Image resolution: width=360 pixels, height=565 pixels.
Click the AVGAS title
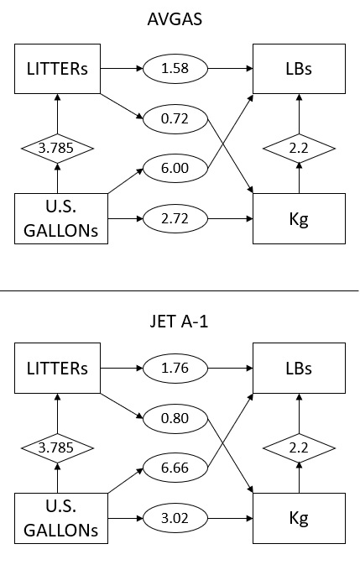175,19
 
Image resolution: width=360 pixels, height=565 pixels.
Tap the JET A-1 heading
179,321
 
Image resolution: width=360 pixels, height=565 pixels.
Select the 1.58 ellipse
175,69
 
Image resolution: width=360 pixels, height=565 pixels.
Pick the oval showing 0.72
175,118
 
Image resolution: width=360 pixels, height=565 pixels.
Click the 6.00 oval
175,168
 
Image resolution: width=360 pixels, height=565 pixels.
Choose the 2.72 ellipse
175,219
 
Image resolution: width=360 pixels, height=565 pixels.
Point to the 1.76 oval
175,369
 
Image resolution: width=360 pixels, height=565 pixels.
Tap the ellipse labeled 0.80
175,418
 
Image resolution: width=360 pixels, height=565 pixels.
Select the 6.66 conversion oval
175,468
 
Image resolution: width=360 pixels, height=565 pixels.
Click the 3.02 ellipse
175,519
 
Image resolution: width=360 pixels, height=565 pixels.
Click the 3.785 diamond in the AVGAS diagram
57,148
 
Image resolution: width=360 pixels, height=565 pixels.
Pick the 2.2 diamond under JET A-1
299,448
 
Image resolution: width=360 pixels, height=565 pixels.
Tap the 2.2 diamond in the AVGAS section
299,148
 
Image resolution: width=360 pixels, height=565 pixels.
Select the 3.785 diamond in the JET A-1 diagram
57,448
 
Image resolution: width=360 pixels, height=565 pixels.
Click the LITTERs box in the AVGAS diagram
57,69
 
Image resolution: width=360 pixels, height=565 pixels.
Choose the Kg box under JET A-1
299,518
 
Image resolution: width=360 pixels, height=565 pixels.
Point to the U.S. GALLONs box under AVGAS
61,219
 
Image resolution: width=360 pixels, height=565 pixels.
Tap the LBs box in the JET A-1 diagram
299,368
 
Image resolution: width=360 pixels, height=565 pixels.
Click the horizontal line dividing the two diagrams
180,290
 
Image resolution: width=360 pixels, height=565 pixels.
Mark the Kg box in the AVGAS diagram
299,219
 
